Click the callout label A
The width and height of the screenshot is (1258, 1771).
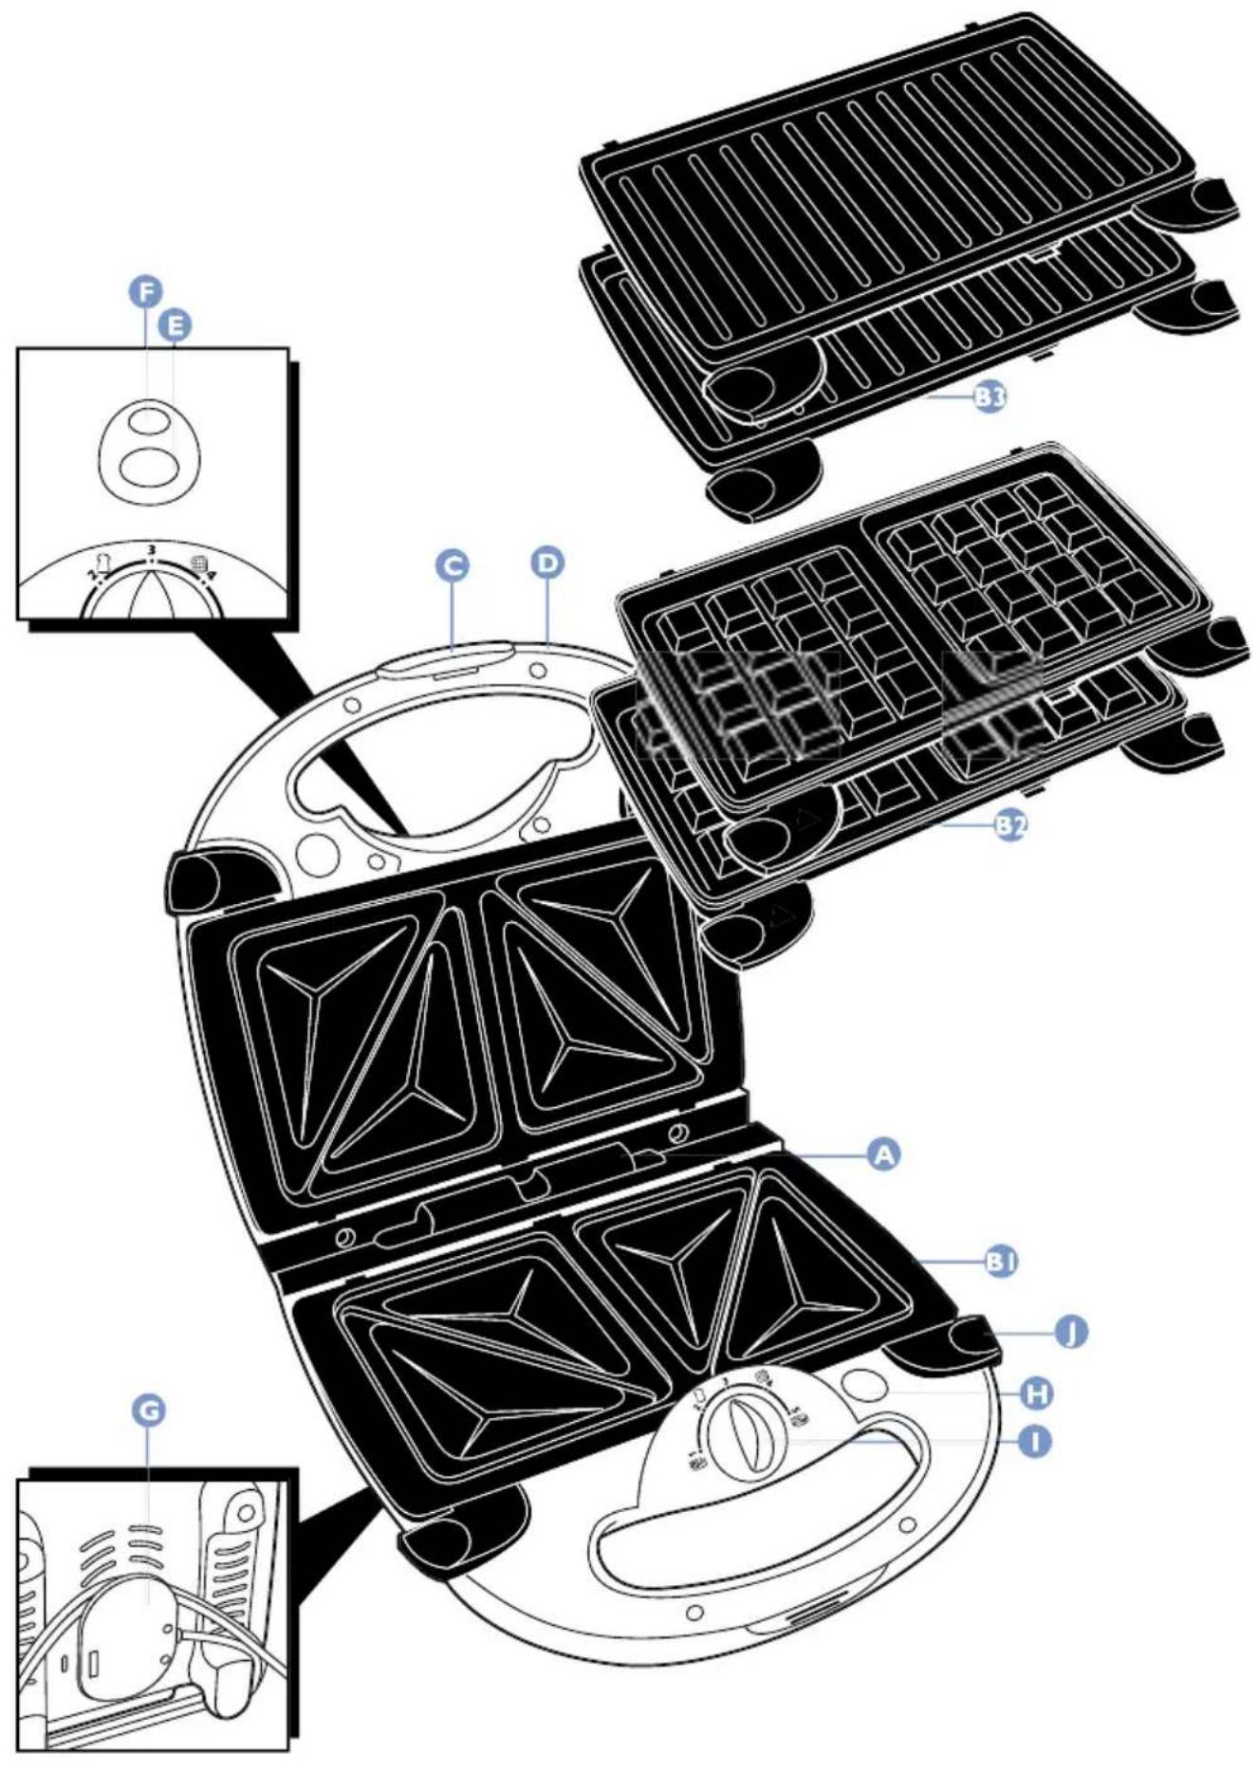pyautogui.click(x=883, y=1154)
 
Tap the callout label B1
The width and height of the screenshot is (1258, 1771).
pyautogui.click(x=1000, y=1262)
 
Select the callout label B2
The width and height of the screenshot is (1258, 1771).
pyautogui.click(x=1010, y=825)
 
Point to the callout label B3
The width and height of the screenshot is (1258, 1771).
pyautogui.click(x=990, y=397)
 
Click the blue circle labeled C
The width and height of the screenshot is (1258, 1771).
pyautogui.click(x=453, y=565)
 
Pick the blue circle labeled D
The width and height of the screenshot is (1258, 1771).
pyautogui.click(x=546, y=563)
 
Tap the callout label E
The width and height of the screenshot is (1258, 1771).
pyautogui.click(x=174, y=326)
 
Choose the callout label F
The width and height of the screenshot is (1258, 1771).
pyautogui.click(x=145, y=292)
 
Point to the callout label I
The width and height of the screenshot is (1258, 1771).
pyautogui.click(x=1035, y=1441)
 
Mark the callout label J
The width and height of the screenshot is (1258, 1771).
pyautogui.click(x=1072, y=1333)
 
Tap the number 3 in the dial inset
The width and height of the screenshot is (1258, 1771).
pyautogui.click(x=151, y=550)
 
